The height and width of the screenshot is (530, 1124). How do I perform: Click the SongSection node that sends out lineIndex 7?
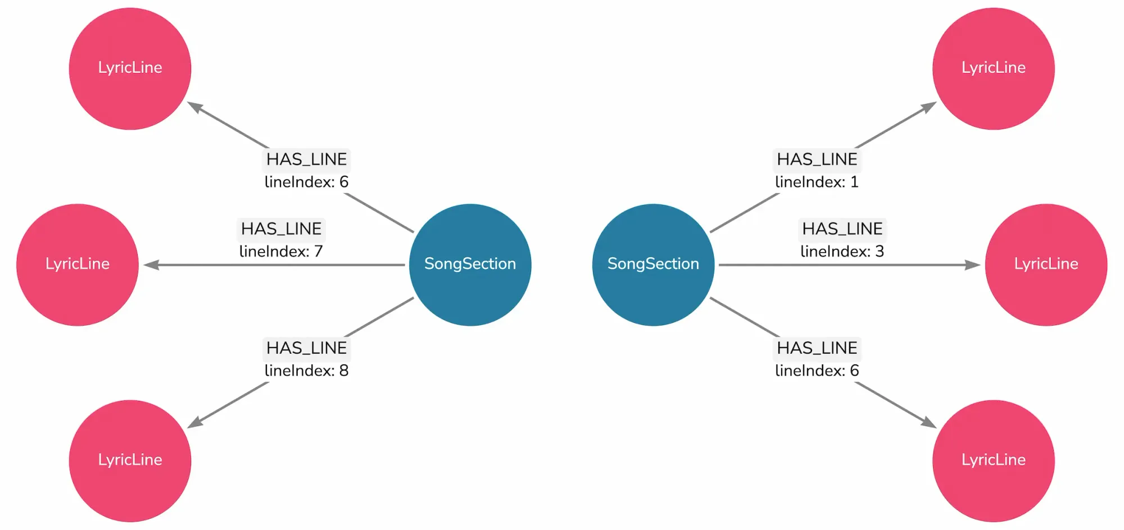pyautogui.click(x=470, y=264)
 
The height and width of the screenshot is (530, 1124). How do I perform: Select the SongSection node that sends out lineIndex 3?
pyautogui.click(x=653, y=264)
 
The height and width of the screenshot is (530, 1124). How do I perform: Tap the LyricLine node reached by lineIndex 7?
pyautogui.click(x=78, y=264)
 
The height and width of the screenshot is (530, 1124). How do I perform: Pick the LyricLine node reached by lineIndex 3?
pyautogui.click(x=1046, y=264)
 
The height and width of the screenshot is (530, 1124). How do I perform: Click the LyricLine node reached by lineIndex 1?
pyautogui.click(x=993, y=68)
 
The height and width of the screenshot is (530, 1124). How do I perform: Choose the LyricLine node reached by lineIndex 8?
pyautogui.click(x=130, y=460)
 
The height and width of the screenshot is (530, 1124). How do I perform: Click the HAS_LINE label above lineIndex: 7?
pyautogui.click(x=281, y=229)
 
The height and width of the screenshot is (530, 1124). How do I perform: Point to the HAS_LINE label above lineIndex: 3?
pyautogui.click(x=842, y=229)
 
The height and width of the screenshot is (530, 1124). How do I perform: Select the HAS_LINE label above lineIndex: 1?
pyautogui.click(x=817, y=159)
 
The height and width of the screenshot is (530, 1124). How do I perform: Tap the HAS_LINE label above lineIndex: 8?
pyautogui.click(x=306, y=348)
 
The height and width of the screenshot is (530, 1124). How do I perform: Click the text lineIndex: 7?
pyautogui.click(x=281, y=252)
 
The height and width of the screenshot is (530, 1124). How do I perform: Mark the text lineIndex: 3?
pyautogui.click(x=842, y=252)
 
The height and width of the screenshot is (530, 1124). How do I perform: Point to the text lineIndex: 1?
pyautogui.click(x=817, y=182)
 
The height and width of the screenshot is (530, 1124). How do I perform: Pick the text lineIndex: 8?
pyautogui.click(x=306, y=371)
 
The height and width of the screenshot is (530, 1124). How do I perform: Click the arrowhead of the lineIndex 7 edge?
pyautogui.click(x=151, y=264)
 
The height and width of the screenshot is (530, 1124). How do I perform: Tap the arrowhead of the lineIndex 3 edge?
pyautogui.click(x=973, y=264)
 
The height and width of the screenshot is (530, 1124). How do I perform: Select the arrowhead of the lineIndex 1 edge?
pyautogui.click(x=930, y=106)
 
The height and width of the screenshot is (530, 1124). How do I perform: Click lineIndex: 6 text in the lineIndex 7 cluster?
pyautogui.click(x=306, y=182)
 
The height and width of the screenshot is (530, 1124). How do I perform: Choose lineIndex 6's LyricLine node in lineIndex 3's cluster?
pyautogui.click(x=993, y=460)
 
